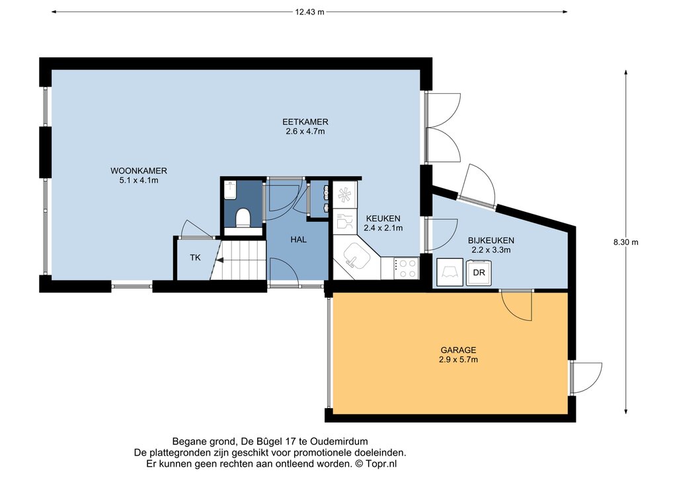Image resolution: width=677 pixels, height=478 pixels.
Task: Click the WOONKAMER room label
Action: (x=139, y=171)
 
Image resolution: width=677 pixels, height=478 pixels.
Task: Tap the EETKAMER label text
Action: (x=305, y=122)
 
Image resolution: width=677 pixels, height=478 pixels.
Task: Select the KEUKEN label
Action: (x=383, y=219)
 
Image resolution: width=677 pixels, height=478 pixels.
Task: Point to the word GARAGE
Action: (x=458, y=350)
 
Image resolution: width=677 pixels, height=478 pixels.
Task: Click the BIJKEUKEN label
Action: (x=491, y=240)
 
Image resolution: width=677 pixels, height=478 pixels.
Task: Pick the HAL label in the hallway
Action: (x=298, y=239)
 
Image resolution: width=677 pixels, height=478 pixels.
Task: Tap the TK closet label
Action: (x=195, y=257)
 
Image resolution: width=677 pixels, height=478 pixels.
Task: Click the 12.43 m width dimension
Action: (x=309, y=12)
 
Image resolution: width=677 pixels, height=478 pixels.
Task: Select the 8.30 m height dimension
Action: (x=625, y=242)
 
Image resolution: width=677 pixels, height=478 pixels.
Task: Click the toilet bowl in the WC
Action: (x=243, y=218)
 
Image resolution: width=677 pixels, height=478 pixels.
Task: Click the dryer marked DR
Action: (x=479, y=273)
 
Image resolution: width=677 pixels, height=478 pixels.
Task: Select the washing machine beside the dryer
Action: (x=450, y=273)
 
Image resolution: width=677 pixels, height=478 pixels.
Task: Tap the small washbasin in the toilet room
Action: (x=231, y=190)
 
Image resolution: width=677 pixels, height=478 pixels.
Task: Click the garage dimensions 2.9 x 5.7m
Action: (x=458, y=359)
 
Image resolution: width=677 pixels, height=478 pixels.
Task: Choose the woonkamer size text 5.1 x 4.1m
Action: (x=139, y=180)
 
